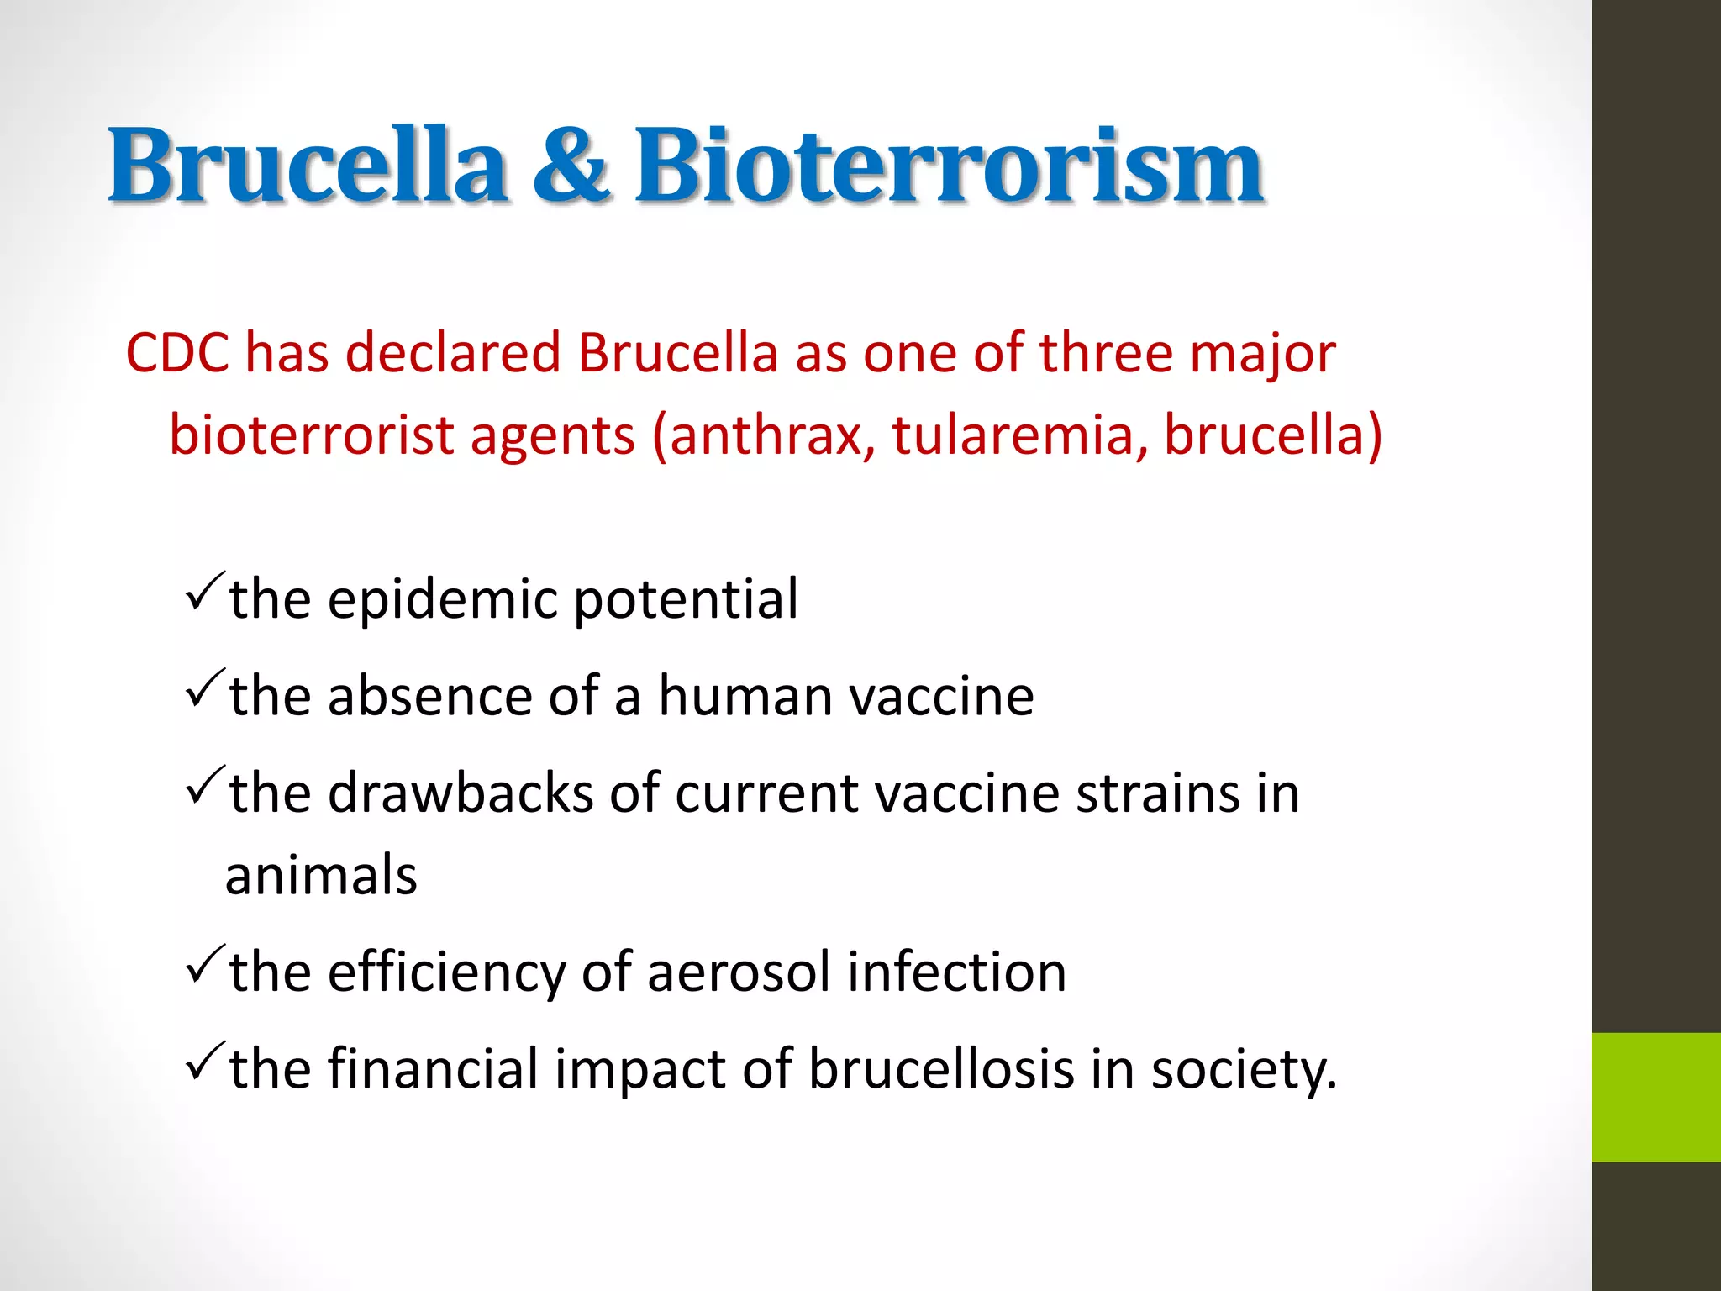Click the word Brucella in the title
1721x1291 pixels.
pyautogui.click(x=308, y=166)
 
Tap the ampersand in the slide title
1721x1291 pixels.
pyautogui.click(x=571, y=166)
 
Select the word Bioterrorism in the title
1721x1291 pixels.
pyautogui.click(x=949, y=166)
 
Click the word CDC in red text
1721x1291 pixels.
pyautogui.click(x=177, y=352)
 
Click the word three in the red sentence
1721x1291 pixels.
pyautogui.click(x=1105, y=352)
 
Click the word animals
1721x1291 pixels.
pyautogui.click(x=321, y=875)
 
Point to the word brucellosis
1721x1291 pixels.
pyautogui.click(x=941, y=1069)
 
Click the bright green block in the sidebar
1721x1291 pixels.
pyautogui.click(x=1655, y=1097)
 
